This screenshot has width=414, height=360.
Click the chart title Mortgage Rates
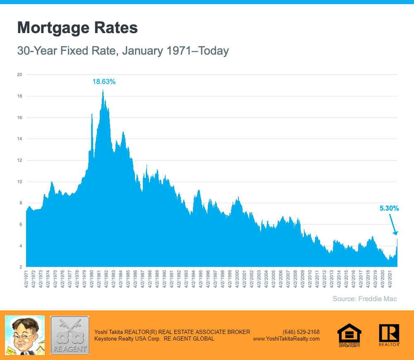[x=77, y=28]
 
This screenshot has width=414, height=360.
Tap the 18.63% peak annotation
[x=103, y=82]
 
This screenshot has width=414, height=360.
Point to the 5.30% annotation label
[x=389, y=209]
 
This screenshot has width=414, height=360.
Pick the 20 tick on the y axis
[x=19, y=75]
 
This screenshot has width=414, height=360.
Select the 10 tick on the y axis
[x=19, y=182]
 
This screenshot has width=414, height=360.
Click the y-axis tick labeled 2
[x=20, y=267]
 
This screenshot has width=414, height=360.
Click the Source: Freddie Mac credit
[x=365, y=299]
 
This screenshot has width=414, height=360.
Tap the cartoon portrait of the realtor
[x=24, y=335]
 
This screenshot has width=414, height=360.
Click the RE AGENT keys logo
[x=70, y=335]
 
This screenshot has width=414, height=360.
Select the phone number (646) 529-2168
[x=301, y=332]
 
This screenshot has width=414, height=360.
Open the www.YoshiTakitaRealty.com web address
[x=286, y=338]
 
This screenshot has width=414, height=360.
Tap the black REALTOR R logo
[x=389, y=334]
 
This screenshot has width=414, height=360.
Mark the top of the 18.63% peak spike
[x=103, y=90]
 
